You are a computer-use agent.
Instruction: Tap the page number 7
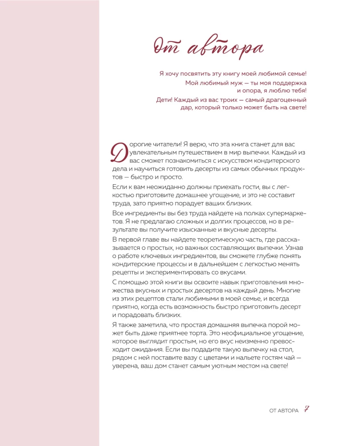[x=307, y=410]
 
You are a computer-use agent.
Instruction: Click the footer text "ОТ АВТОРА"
[x=284, y=411]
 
